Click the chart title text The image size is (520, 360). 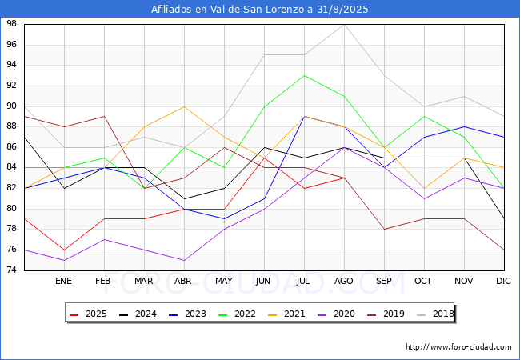click(260, 10)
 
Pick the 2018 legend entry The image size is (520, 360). click(433, 314)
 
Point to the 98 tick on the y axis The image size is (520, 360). click(13, 24)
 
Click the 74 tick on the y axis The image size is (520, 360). click(13, 270)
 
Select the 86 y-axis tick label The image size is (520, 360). click(13, 147)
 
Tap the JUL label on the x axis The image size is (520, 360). click(304, 282)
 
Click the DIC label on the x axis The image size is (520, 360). click(503, 282)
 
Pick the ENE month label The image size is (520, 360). click(63, 282)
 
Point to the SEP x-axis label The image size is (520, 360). click(384, 282)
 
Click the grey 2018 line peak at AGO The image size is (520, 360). click(344, 24)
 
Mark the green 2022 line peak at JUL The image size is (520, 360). click(304, 75)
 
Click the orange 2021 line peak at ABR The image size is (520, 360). click(184, 106)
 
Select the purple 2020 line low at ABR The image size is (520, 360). click(184, 260)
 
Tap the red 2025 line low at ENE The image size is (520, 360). click(64, 250)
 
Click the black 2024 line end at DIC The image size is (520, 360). click(504, 218)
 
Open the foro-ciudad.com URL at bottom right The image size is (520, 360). click(458, 347)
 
